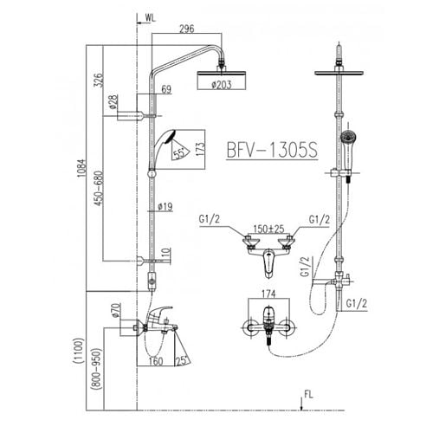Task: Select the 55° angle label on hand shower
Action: pos(178,154)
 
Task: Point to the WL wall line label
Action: pos(152,16)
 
